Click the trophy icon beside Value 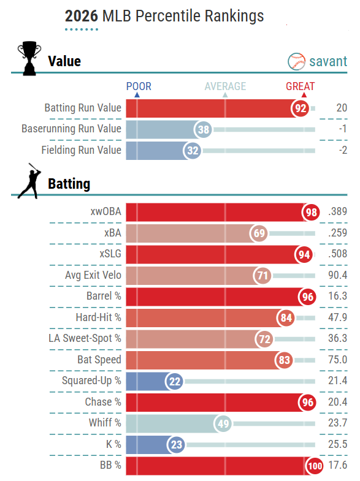point(29,58)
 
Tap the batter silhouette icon point(29,181)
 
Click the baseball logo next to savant point(296,61)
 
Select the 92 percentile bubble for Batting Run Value point(301,108)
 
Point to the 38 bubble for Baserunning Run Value point(203,129)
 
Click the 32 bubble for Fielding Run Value point(193,151)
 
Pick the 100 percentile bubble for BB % point(315,466)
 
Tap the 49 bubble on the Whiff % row point(223,423)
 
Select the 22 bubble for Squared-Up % point(174,381)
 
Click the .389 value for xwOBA point(337,211)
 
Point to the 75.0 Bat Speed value point(337,360)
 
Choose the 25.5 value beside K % point(337,444)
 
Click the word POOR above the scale point(139,86)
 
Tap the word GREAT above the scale point(300,86)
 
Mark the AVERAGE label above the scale point(225,86)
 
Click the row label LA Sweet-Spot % point(85,338)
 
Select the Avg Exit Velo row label point(93,275)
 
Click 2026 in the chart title point(82,16)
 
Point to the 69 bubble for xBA point(259,233)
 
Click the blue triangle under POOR point(137,95)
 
